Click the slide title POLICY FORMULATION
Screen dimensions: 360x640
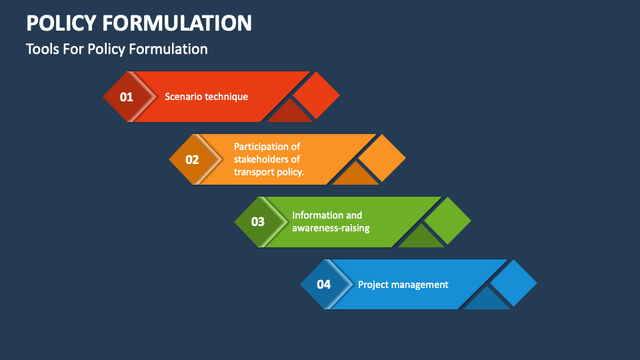click(139, 23)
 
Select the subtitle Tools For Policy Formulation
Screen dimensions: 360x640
click(117, 49)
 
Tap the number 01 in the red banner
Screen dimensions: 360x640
click(127, 97)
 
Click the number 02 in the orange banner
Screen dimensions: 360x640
click(192, 159)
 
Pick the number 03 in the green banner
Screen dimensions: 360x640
click(257, 222)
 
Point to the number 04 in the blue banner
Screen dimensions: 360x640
click(323, 285)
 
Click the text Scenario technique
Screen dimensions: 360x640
click(206, 97)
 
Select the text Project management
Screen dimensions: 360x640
click(403, 285)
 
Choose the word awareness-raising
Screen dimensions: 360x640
click(331, 228)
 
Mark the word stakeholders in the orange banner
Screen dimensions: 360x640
click(267, 159)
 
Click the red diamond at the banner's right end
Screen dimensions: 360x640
click(317, 95)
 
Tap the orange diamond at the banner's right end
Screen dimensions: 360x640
click(382, 158)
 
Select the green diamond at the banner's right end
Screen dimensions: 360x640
click(447, 221)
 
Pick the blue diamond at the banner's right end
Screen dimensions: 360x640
click(513, 283)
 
